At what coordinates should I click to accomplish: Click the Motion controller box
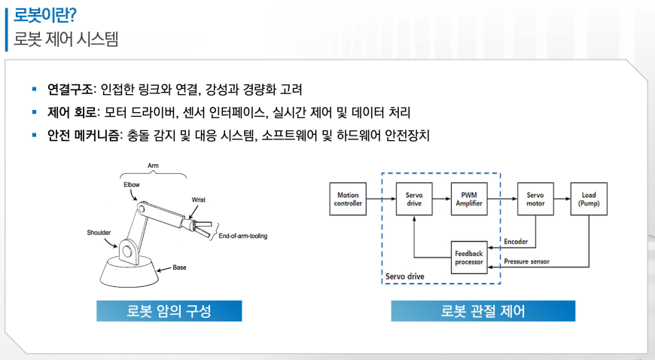coord(349,200)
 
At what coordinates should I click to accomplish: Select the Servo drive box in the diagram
coord(414,200)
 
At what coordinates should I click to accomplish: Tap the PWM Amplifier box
coord(469,200)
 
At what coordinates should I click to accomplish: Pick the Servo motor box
coord(535,200)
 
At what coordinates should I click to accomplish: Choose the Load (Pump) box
coord(589,200)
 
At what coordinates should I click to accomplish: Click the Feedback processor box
coord(469,258)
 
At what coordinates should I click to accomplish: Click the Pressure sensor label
coord(527,262)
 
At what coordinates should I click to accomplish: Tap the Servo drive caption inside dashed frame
coord(404,276)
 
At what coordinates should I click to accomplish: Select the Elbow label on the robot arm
coord(132,183)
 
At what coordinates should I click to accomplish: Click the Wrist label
coord(199,200)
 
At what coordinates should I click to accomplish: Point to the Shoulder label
coord(102,233)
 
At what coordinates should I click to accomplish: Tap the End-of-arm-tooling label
coord(242,236)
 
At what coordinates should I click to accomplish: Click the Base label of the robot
coord(179,267)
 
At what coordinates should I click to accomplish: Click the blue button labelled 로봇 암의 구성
coord(169,311)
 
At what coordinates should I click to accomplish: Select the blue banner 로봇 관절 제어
coord(483,311)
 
